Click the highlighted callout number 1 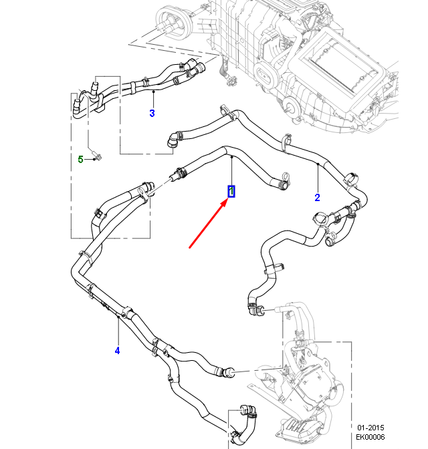click(x=231, y=192)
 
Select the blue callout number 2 click(x=317, y=197)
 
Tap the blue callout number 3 click(x=152, y=114)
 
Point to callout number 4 click(x=117, y=350)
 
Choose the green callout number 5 click(x=80, y=159)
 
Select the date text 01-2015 click(x=370, y=428)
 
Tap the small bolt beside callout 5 click(x=97, y=157)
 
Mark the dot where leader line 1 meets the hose click(x=231, y=158)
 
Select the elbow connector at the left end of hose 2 click(x=173, y=140)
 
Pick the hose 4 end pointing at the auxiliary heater click(x=229, y=370)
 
